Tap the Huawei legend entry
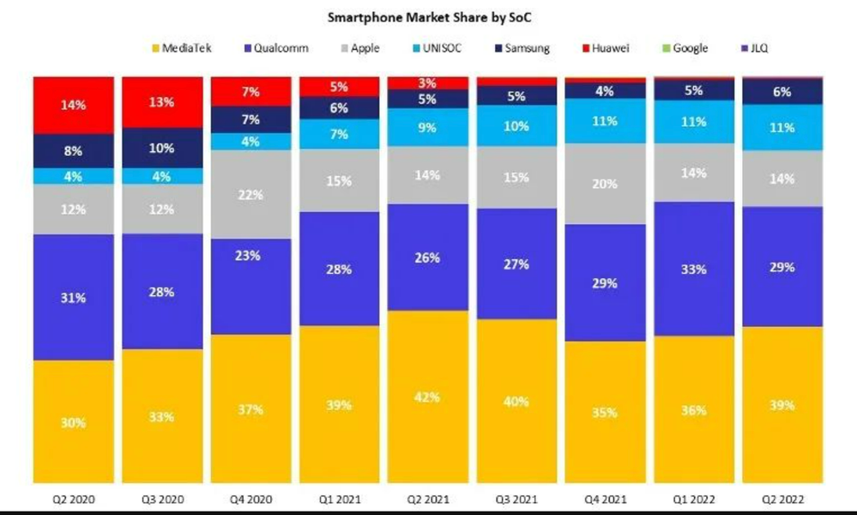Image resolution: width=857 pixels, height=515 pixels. pos(610,48)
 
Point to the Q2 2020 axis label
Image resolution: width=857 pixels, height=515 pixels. pos(74,498)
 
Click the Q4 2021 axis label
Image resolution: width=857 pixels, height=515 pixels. pos(605,498)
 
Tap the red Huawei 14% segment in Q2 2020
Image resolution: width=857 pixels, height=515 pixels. pos(74,105)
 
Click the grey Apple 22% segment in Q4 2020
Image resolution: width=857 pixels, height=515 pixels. pos(250,194)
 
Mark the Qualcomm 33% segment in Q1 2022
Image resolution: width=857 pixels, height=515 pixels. pos(693,269)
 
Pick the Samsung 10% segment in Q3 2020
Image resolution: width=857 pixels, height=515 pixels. pos(162,148)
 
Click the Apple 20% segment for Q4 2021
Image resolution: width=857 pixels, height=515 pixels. pos(605,184)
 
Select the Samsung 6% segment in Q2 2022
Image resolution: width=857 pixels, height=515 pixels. pos(782,92)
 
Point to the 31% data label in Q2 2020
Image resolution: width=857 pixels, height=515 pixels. pos(73,298)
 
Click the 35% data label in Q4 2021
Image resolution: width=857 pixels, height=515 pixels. pos(605,413)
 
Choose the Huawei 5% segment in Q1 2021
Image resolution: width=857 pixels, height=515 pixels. pos(339,86)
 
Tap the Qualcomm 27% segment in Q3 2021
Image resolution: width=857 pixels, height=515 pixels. pos(516,264)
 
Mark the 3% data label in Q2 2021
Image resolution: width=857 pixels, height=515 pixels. pos(428,83)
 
